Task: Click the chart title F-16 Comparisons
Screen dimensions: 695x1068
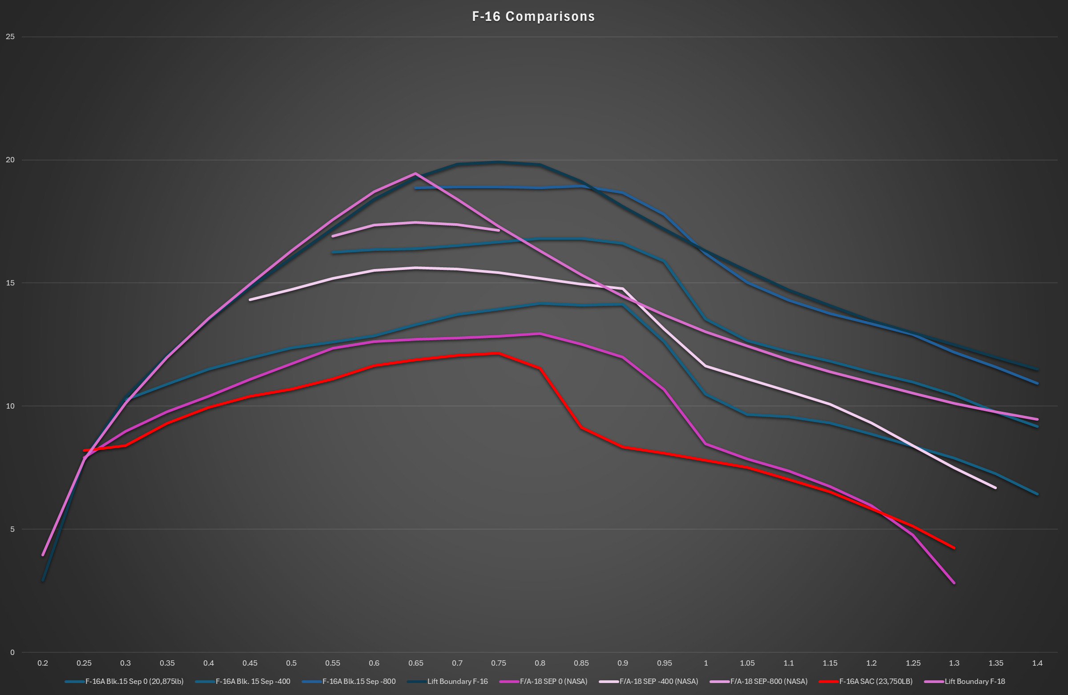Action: click(x=533, y=16)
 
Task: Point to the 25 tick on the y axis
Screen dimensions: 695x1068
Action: click(x=10, y=37)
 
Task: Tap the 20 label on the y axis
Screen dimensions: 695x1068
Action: click(x=10, y=160)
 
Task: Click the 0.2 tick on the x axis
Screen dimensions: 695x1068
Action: click(x=43, y=663)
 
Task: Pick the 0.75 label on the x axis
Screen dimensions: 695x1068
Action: click(x=499, y=663)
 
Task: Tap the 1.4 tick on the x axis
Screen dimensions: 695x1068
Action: click(x=1037, y=663)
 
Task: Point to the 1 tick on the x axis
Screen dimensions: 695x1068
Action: click(x=706, y=663)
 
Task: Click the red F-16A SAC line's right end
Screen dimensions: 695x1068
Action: click(x=954, y=548)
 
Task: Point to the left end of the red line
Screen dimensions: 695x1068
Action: click(x=84, y=450)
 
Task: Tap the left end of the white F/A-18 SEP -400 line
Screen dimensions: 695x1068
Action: click(x=250, y=300)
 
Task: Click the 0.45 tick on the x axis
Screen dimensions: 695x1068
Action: click(x=250, y=663)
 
